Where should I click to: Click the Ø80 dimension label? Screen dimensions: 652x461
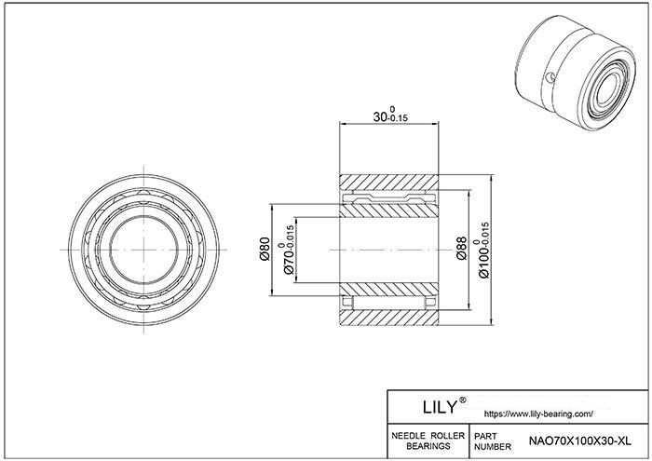click(265, 249)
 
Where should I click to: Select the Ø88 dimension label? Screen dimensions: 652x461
click(462, 249)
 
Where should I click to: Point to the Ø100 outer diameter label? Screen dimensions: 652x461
click(484, 261)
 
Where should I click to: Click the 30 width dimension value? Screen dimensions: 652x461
click(380, 116)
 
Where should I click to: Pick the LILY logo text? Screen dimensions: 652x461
click(440, 407)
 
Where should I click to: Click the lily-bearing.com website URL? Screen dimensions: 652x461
click(539, 414)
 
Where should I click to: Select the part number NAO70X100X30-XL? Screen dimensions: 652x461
click(579, 441)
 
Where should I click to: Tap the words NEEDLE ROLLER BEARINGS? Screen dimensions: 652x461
click(428, 441)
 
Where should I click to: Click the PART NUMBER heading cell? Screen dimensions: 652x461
click(493, 441)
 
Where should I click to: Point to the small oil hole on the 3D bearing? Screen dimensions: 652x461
click(551, 77)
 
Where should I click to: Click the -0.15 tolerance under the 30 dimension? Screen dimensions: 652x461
click(398, 118)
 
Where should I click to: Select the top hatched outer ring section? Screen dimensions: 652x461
click(389, 183)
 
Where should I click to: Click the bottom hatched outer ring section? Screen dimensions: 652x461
click(389, 318)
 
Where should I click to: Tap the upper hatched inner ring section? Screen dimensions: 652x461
click(389, 210)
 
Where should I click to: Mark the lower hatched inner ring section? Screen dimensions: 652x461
click(389, 290)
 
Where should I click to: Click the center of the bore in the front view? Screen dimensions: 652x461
click(143, 250)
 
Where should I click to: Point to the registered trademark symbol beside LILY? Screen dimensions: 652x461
click(462, 400)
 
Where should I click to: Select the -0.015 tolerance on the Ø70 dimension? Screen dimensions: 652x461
click(291, 236)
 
